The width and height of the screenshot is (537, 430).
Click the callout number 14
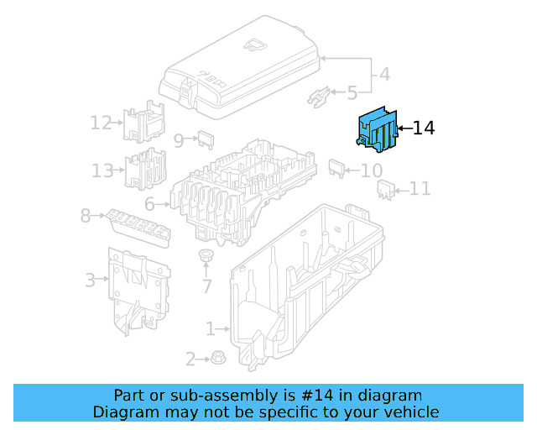(424, 128)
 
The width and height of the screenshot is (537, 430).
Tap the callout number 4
(384, 74)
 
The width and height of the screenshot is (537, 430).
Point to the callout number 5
(352, 92)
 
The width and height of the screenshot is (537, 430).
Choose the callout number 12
(101, 123)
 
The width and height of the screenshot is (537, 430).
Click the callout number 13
(102, 170)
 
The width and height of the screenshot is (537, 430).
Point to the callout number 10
(371, 170)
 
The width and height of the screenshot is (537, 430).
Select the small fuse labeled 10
(336, 166)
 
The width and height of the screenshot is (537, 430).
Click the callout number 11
(420, 190)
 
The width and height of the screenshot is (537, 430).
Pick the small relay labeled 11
(386, 190)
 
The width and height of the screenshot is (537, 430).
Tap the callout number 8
(86, 216)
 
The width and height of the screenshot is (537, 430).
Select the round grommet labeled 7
(206, 255)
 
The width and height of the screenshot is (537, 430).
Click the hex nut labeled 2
(216, 358)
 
